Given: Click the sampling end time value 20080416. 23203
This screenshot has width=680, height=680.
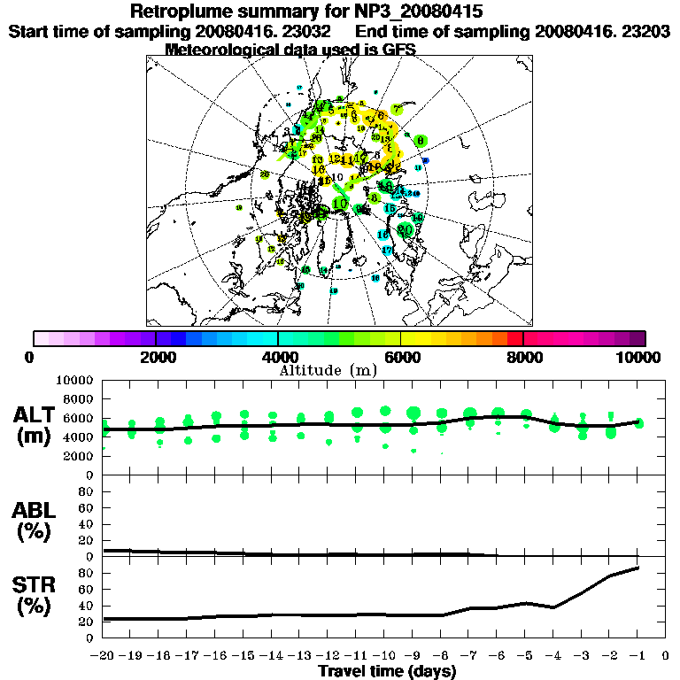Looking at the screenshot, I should pyautogui.click(x=601, y=31).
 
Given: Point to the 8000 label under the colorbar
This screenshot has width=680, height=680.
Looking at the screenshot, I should pyautogui.click(x=523, y=358).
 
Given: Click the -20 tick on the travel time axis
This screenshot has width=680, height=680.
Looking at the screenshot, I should pyautogui.click(x=104, y=656).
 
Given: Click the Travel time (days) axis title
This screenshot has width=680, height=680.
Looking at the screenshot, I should pyautogui.click(x=387, y=671).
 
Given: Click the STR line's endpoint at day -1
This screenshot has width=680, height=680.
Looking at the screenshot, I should pyautogui.click(x=638, y=568).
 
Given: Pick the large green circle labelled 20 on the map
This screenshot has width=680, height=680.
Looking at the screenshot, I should pyautogui.click(x=406, y=229).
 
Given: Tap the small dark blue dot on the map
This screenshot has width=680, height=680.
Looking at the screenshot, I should pyautogui.click(x=426, y=160).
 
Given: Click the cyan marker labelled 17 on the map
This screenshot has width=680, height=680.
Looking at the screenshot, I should pyautogui.click(x=387, y=251).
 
